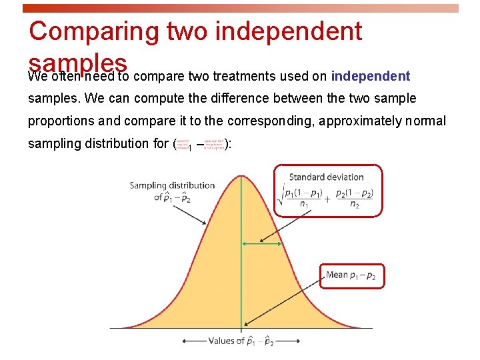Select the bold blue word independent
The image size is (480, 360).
tap(370, 76)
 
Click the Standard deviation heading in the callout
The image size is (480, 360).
tap(326, 177)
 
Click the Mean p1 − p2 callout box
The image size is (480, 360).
tap(351, 275)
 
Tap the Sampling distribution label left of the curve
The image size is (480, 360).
tap(172, 191)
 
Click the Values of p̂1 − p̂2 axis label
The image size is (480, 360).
tap(241, 341)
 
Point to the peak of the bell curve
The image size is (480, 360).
tap(241, 175)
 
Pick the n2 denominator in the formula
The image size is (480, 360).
tap(355, 204)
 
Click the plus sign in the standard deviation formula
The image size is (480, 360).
tap(327, 198)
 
